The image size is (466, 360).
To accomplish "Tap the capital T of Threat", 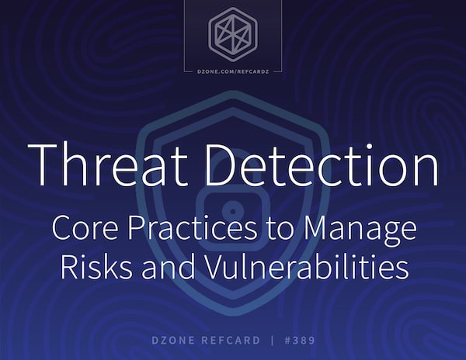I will (42, 165).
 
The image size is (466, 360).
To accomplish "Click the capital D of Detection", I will (221, 165).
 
